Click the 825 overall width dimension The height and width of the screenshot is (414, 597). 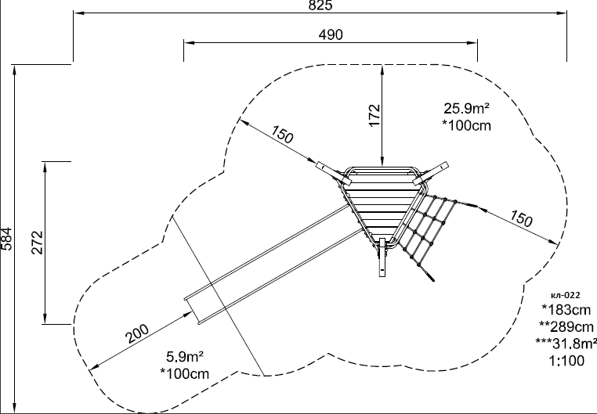click(x=320, y=5)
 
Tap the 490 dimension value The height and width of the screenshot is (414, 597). click(x=331, y=34)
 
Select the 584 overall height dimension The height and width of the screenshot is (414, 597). click(x=6, y=239)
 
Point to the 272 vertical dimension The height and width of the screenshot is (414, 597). click(x=38, y=242)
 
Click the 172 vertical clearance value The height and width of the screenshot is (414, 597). click(x=374, y=115)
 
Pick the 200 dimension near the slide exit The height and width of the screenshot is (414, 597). click(x=137, y=334)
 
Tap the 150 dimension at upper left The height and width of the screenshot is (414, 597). click(x=282, y=134)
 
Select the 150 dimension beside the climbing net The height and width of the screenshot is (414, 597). click(x=520, y=218)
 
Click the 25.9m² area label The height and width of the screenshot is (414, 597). click(x=466, y=108)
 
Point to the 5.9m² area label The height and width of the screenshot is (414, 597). click(x=185, y=357)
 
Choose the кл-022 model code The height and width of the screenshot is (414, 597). click(x=566, y=295)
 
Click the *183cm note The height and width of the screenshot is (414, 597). click(x=566, y=310)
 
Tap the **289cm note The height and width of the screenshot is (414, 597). click(x=566, y=326)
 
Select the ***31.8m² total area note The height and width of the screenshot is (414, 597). click(x=566, y=344)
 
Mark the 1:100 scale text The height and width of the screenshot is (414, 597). click(x=566, y=360)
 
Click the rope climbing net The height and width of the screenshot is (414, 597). click(x=434, y=232)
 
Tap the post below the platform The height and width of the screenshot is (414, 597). click(x=382, y=257)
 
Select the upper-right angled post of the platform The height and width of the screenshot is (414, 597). click(x=431, y=174)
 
